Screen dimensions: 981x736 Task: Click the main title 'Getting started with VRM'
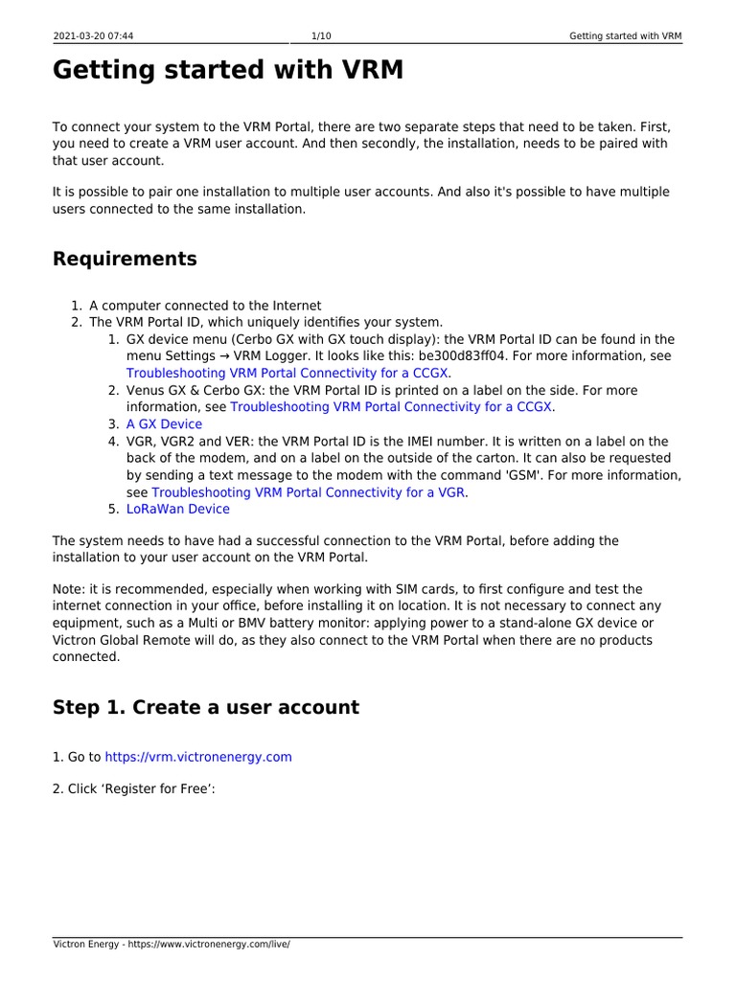228,70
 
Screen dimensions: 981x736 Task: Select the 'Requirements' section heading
125,259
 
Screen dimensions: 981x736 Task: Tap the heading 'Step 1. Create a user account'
205,707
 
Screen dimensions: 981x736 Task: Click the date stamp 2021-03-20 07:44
93,36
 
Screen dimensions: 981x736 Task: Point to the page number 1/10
322,36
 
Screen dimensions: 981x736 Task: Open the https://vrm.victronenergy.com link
197,757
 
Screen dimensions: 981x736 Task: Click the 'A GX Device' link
164,424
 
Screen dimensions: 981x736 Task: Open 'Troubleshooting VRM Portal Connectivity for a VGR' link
309,492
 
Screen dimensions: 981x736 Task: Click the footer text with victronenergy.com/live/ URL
171,945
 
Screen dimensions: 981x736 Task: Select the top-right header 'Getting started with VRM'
625,36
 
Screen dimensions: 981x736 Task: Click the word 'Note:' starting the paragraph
70,588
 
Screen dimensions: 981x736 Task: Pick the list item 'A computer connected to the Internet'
205,306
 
